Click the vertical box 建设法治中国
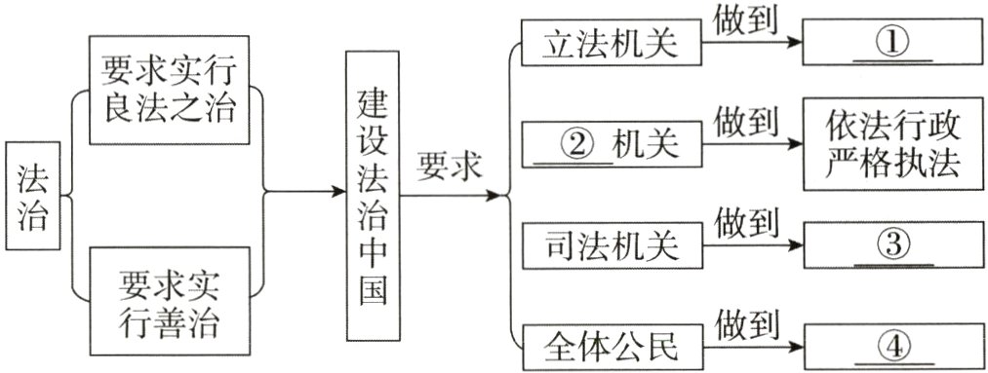click(372, 194)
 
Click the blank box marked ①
click(891, 45)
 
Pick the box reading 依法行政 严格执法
click(891, 145)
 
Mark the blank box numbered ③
click(891, 246)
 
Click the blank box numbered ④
click(891, 347)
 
